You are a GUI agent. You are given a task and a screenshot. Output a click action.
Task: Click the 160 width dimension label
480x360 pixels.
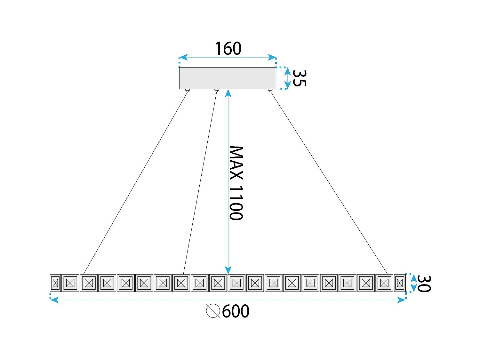pos(228,49)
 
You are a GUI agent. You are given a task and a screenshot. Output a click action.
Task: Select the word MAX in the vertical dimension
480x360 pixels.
pos(236,163)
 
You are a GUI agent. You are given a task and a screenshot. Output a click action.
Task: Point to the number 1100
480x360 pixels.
pos(236,203)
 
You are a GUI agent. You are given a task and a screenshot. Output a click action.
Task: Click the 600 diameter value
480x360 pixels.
pos(236,311)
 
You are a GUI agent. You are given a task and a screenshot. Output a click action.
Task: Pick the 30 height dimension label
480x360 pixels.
pos(424,284)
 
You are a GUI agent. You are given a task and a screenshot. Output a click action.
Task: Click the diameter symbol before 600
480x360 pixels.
pos(213,311)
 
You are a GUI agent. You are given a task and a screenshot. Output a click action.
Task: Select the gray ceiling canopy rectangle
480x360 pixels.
pos(228,78)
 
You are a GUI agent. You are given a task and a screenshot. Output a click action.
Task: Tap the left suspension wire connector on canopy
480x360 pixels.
pos(188,91)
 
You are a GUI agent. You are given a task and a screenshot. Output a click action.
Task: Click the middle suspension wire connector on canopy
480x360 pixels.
pos(217,91)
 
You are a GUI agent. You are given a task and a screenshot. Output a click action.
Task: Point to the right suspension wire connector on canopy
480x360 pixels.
pos(270,91)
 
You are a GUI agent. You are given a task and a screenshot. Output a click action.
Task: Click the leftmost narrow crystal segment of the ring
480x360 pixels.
pos(55,283)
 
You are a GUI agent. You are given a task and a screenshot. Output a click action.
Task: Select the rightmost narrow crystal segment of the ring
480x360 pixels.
pos(400,283)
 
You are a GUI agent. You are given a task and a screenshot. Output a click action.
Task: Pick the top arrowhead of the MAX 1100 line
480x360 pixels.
pos(228,93)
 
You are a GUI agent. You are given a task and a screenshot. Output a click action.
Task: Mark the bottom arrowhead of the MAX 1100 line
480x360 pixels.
pos(228,270)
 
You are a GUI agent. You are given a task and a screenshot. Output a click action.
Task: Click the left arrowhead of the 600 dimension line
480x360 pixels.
pos(55,300)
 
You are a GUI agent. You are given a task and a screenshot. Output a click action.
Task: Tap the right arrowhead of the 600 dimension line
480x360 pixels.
pos(401,300)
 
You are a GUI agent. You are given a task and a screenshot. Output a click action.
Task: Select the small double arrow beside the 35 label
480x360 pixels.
pos(287,78)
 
